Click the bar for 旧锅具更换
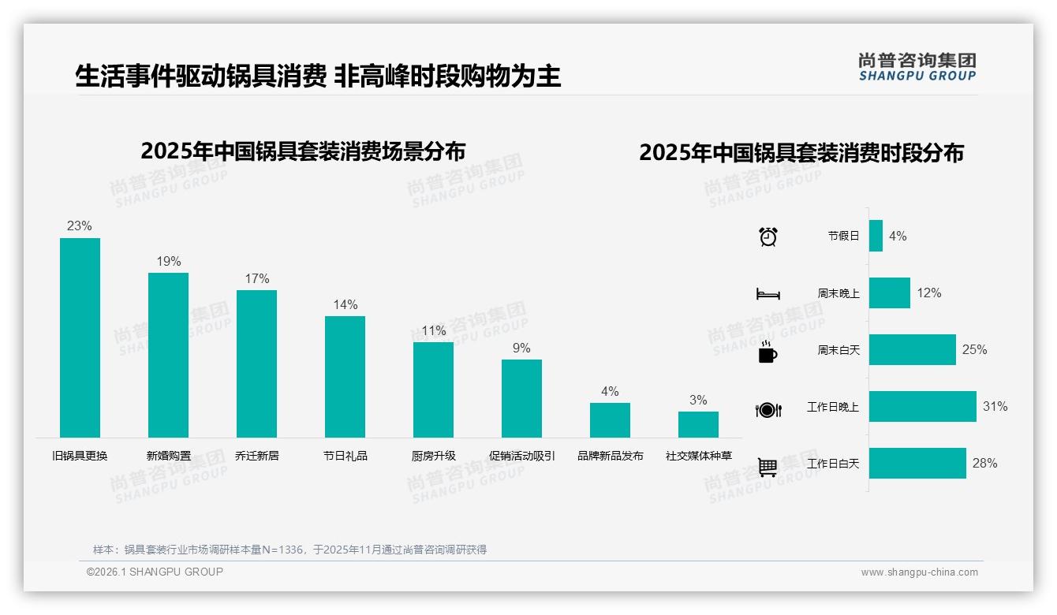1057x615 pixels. pos(80,337)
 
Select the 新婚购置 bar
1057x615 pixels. pos(169,355)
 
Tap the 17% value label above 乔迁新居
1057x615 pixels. pos(257,278)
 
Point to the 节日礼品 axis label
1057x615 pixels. pos(345,456)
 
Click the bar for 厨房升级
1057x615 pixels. pos(434,389)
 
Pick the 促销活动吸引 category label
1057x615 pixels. pos(522,456)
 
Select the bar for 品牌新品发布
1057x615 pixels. pos(610,420)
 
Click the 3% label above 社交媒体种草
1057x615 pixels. pos(698,400)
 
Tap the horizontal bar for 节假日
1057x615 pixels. pos(876,236)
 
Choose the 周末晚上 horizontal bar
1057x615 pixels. pos(890,293)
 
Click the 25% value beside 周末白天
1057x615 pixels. pos(974,349)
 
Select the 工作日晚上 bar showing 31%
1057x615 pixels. pos(922,407)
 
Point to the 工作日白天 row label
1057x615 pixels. pos(833,464)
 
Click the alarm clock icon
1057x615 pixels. pos(768,237)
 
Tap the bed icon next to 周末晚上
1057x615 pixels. pos(768,294)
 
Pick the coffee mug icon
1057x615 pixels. pos(768,352)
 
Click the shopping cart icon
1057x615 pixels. pos(768,467)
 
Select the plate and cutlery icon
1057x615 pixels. pos(768,409)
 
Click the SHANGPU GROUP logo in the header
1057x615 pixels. pos(917,67)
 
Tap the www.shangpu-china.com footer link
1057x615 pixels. pos(919,572)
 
